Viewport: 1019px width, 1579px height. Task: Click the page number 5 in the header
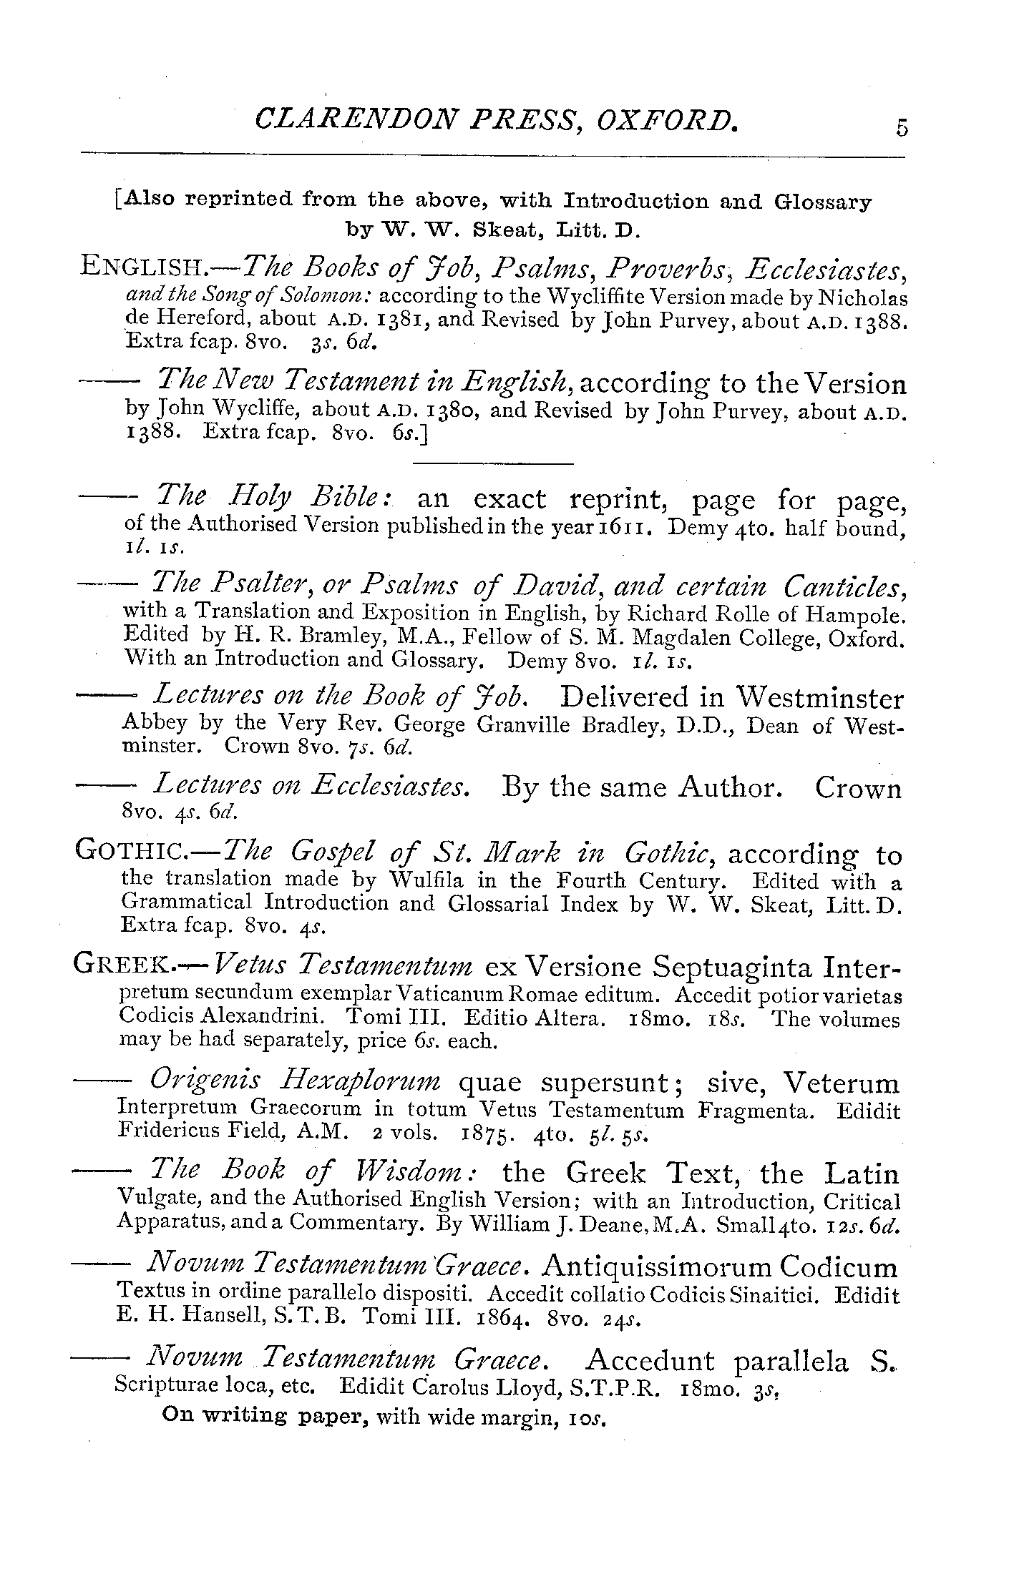point(900,127)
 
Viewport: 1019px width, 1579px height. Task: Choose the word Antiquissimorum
point(657,1269)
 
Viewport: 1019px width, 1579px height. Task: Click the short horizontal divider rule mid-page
point(494,465)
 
